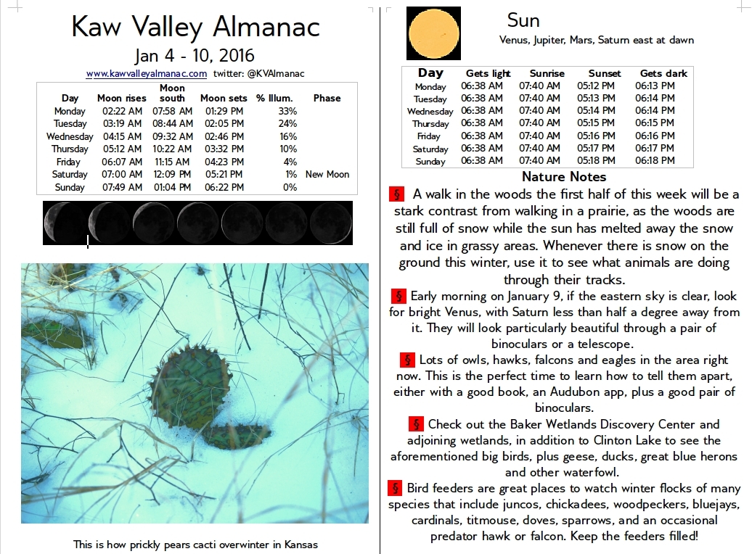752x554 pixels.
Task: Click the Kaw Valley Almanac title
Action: (195, 27)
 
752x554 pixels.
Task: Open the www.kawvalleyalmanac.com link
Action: (146, 73)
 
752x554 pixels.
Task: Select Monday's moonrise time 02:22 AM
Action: (120, 111)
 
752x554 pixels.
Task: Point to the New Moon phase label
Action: (327, 174)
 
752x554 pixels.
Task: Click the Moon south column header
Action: (172, 93)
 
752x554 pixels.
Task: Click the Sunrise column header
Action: (547, 73)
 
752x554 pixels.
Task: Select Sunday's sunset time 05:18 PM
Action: (597, 160)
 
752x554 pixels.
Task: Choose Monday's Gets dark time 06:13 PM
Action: (655, 86)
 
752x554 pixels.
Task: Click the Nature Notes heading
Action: (564, 176)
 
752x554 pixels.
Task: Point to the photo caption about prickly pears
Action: (195, 544)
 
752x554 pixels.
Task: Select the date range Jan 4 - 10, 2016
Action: (195, 56)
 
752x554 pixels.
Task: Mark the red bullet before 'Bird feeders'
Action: (396, 487)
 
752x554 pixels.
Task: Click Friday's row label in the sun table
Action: (428, 136)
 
